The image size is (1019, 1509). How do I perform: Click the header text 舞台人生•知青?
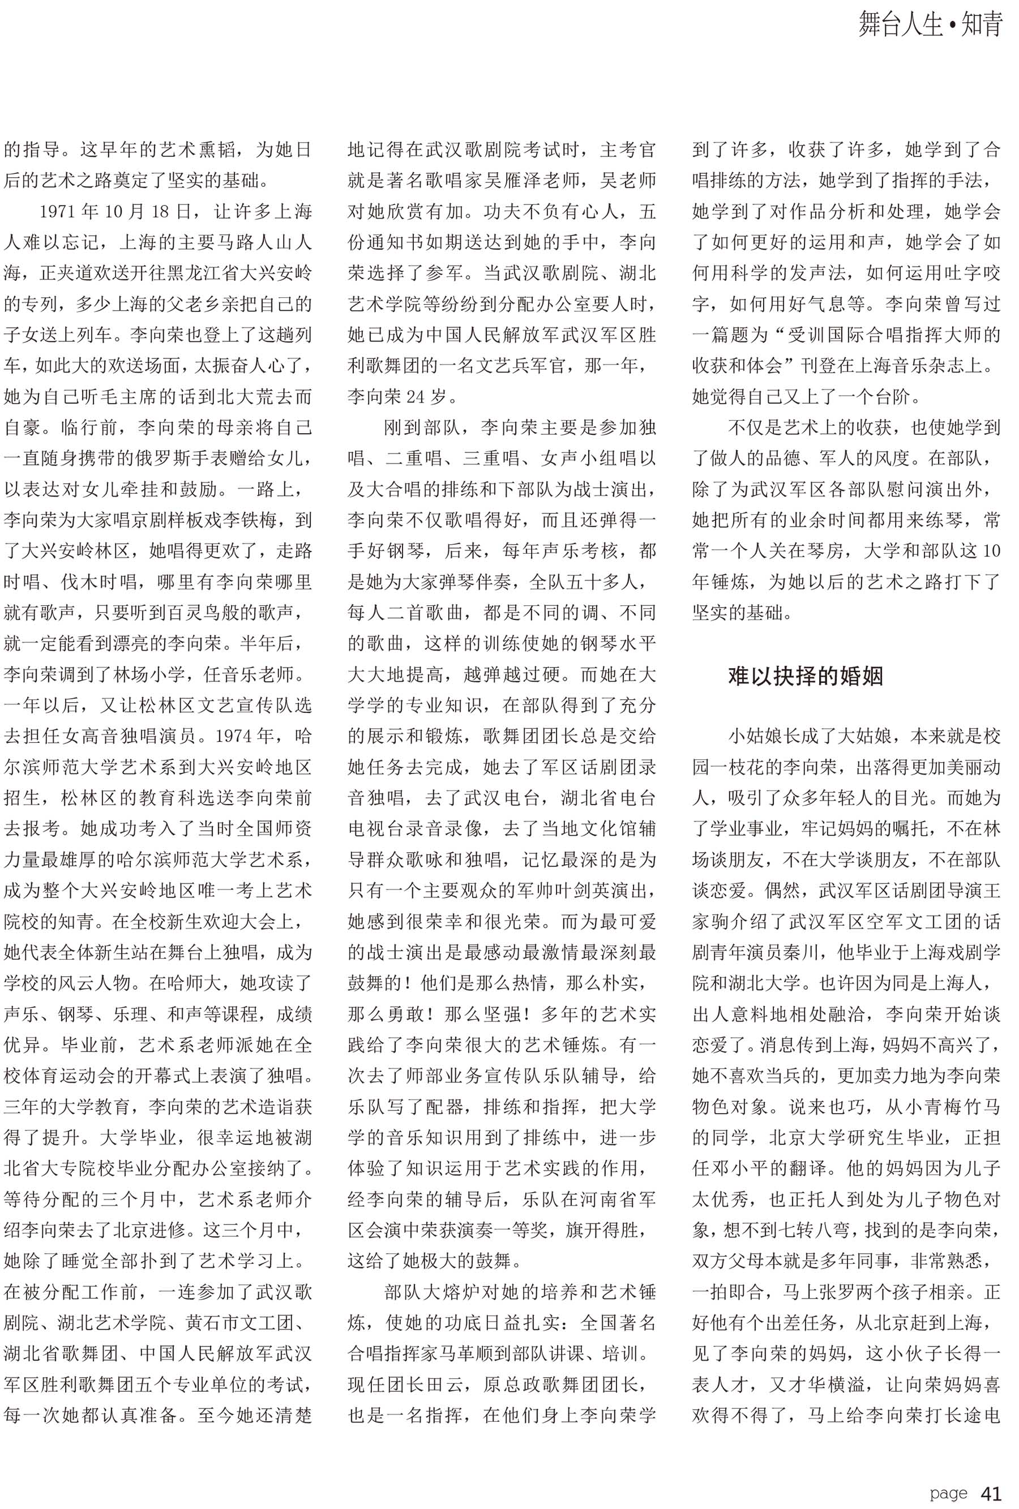coord(930,25)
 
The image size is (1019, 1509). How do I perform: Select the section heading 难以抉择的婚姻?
coord(805,676)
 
